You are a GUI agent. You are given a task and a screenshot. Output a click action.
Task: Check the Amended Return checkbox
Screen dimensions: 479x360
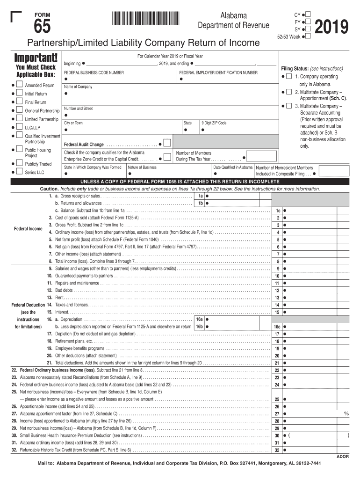coord(19,85)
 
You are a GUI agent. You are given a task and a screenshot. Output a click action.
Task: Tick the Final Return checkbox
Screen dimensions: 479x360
coord(19,102)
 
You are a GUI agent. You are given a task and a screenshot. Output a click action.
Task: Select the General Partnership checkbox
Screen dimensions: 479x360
coord(19,110)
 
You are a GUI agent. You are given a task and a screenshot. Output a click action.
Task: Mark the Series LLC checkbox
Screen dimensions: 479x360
coord(19,172)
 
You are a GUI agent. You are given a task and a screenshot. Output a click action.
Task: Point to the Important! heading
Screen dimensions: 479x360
coord(36,59)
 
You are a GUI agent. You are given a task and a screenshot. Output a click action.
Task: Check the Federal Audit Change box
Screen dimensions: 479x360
coord(167,143)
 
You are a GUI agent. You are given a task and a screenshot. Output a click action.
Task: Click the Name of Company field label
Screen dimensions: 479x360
coord(78,87)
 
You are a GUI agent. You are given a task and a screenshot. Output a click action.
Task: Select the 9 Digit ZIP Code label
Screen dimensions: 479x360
coord(214,123)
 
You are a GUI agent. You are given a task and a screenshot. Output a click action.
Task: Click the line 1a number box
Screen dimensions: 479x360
coord(200,196)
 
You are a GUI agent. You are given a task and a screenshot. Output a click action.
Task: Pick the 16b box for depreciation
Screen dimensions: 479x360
coord(199,327)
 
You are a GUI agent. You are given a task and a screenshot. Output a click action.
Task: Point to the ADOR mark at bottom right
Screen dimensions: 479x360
coord(343,455)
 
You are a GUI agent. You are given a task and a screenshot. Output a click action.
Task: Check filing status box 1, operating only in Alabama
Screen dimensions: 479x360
coord(289,76)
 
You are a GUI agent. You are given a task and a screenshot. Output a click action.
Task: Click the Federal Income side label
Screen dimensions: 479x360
coord(28,229)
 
